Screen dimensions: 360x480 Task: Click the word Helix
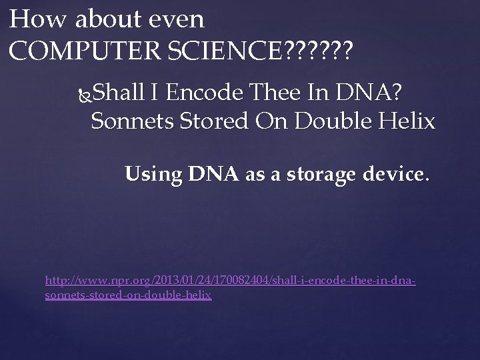[409, 122]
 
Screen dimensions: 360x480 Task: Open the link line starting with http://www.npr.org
[230, 282]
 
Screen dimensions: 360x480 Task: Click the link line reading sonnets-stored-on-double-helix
[128, 294]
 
